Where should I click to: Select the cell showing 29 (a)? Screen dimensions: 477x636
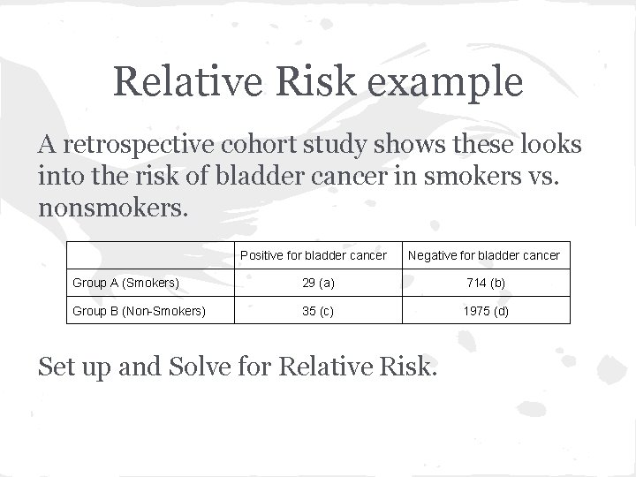[x=314, y=283]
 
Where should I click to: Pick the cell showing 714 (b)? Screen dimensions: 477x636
[x=483, y=283]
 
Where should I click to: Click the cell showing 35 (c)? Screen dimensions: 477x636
[x=314, y=311]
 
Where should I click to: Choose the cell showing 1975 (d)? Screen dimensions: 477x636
[x=483, y=311]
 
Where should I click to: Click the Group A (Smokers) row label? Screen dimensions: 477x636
[x=126, y=283]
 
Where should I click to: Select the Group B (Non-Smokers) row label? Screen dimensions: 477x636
[x=139, y=311]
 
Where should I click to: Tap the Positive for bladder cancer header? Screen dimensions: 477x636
[x=314, y=255]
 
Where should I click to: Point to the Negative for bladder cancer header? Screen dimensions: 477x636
[x=483, y=255]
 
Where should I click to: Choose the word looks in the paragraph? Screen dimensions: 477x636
[x=548, y=145]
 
